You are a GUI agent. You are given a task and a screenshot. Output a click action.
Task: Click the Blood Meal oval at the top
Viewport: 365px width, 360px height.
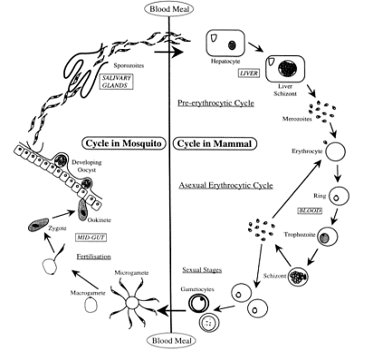coord(170,9)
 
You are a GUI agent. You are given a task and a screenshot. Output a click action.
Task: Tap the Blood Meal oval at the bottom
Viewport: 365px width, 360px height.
coord(171,342)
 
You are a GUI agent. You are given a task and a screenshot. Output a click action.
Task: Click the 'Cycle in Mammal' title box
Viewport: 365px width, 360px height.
coord(212,143)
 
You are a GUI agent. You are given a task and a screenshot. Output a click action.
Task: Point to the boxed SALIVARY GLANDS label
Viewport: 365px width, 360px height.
coord(120,80)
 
